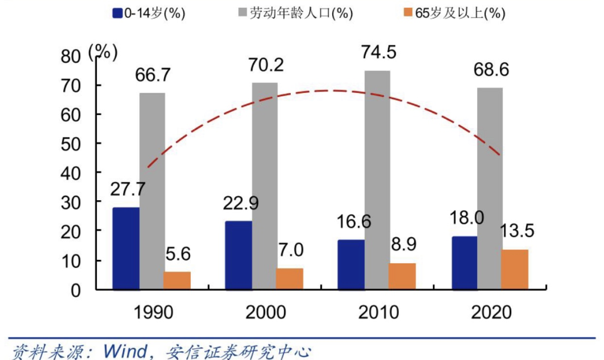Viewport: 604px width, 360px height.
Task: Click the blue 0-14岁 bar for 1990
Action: pyautogui.click(x=126, y=248)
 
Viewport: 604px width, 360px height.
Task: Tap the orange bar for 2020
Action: pyautogui.click(x=515, y=269)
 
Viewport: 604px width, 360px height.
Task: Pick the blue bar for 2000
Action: pyautogui.click(x=238, y=255)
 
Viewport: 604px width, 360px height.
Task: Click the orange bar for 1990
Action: pyautogui.click(x=177, y=280)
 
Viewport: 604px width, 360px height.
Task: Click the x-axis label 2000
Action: pyautogui.click(x=265, y=312)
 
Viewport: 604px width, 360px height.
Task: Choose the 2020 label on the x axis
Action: pyautogui.click(x=492, y=312)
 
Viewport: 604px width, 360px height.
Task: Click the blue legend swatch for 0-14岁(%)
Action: pyautogui.click(x=117, y=13)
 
